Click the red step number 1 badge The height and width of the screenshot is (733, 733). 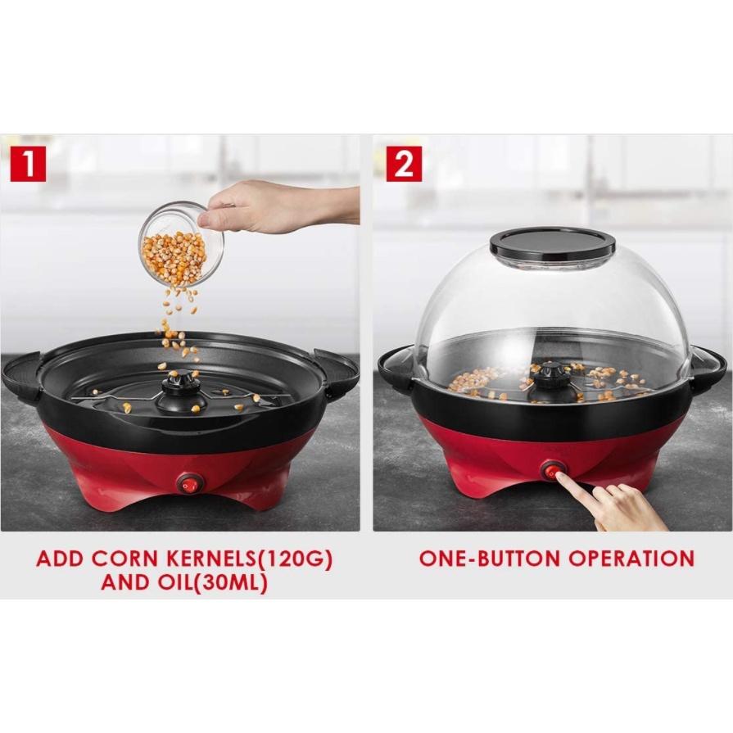[x=28, y=164]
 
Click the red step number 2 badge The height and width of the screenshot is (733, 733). [x=404, y=164]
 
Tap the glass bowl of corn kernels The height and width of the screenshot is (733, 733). [x=179, y=243]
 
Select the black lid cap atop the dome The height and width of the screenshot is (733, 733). [x=553, y=242]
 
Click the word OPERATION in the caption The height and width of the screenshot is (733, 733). [x=633, y=559]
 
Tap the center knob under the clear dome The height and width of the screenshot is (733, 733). [x=547, y=382]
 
